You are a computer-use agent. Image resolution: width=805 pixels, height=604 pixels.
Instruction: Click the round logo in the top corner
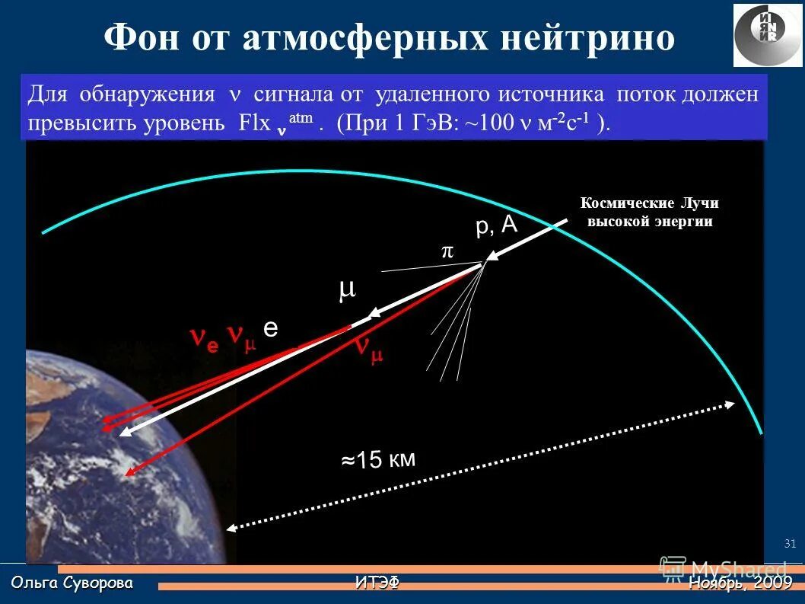pos(768,35)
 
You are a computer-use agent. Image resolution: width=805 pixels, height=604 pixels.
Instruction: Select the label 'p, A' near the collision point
pos(496,225)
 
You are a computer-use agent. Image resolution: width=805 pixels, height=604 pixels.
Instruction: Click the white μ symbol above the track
pos(347,290)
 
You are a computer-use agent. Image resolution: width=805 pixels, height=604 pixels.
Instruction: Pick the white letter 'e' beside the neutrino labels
pos(271,328)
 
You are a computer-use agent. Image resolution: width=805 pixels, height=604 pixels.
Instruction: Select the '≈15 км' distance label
pos(377,459)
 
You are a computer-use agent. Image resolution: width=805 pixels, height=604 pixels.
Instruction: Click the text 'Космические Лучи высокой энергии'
pos(649,213)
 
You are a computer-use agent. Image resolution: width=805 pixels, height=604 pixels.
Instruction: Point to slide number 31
pos(789,543)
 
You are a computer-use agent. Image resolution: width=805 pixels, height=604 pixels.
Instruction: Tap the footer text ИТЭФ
pos(377,583)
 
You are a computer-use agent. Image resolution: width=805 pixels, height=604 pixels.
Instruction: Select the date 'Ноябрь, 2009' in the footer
pos(740,583)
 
